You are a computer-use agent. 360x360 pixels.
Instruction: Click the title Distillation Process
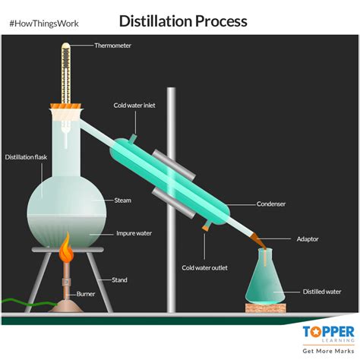click(x=183, y=21)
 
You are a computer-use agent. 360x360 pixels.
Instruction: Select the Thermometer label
click(x=113, y=46)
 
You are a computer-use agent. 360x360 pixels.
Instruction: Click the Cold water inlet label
click(x=134, y=106)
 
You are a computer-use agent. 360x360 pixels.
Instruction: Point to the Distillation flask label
click(x=26, y=157)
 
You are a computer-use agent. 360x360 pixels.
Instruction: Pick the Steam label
click(x=123, y=201)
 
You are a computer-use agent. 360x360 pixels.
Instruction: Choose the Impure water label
click(x=132, y=233)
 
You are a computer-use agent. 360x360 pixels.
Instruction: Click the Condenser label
click(x=271, y=204)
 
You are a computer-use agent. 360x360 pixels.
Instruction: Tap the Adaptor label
click(x=308, y=238)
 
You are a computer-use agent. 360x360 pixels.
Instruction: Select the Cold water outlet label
click(x=204, y=267)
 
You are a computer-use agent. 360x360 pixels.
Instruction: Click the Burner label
click(x=85, y=293)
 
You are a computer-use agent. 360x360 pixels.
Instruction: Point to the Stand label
click(x=120, y=280)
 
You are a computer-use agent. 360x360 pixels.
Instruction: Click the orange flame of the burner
click(x=65, y=249)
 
